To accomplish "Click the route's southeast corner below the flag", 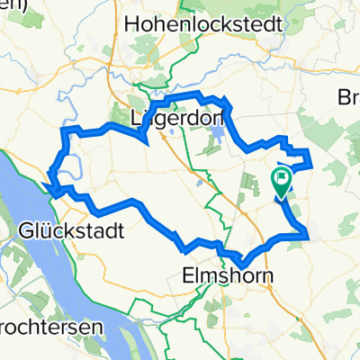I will [308, 236].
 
